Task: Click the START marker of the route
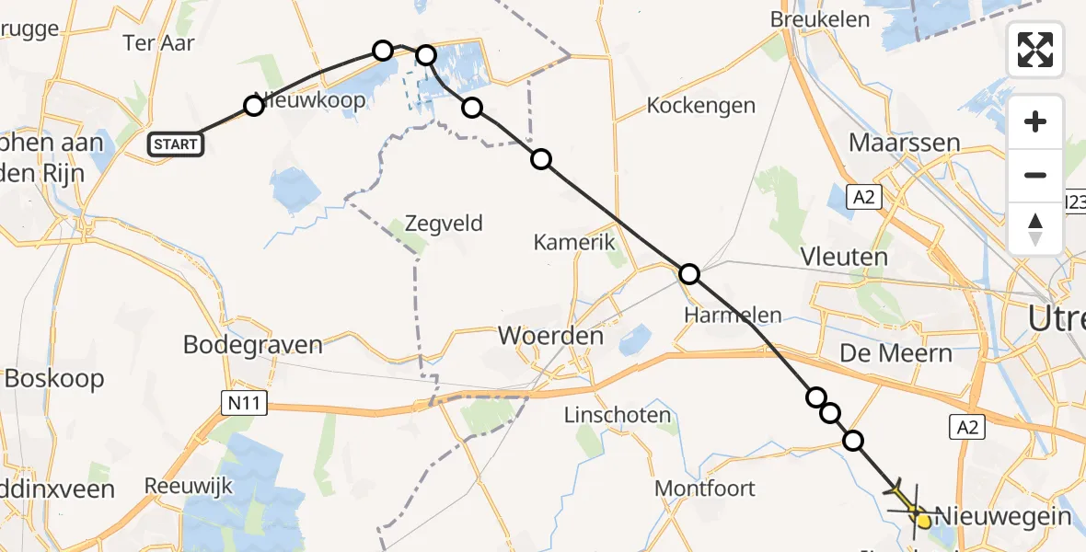pos(176,144)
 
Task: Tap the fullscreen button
pos(1035,50)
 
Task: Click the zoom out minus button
pos(1035,175)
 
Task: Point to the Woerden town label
pos(550,336)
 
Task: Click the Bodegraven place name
pos(253,345)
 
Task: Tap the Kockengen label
pos(700,105)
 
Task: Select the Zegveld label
pos(444,224)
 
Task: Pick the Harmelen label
pos(733,315)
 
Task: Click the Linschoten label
pos(617,415)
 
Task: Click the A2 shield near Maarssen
pos(861,195)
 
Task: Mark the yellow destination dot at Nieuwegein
pos(923,521)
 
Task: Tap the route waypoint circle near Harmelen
pos(688,273)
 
